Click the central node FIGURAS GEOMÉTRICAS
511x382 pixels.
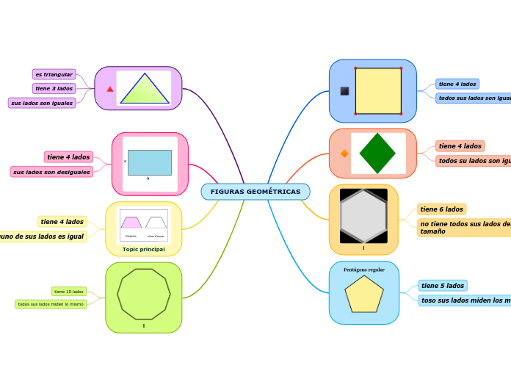(255, 192)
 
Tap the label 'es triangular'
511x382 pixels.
(54, 74)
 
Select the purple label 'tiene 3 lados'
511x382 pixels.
(54, 88)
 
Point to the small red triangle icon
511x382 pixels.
(110, 89)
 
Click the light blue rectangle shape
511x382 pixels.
(149, 162)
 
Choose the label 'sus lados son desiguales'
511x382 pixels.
(51, 172)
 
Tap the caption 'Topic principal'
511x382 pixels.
(144, 249)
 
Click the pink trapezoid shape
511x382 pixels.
(131, 223)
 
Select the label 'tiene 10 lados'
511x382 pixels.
(69, 292)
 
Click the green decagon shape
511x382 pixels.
(144, 294)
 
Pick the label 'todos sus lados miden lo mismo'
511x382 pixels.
(51, 303)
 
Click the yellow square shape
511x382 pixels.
(378, 91)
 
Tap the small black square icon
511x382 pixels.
(344, 91)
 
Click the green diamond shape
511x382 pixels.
(377, 153)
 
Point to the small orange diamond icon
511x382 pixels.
(344, 154)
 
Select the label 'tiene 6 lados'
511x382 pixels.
(441, 209)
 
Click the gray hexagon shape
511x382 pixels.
(363, 216)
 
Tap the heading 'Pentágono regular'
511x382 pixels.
(364, 270)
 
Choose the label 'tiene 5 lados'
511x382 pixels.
(443, 285)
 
